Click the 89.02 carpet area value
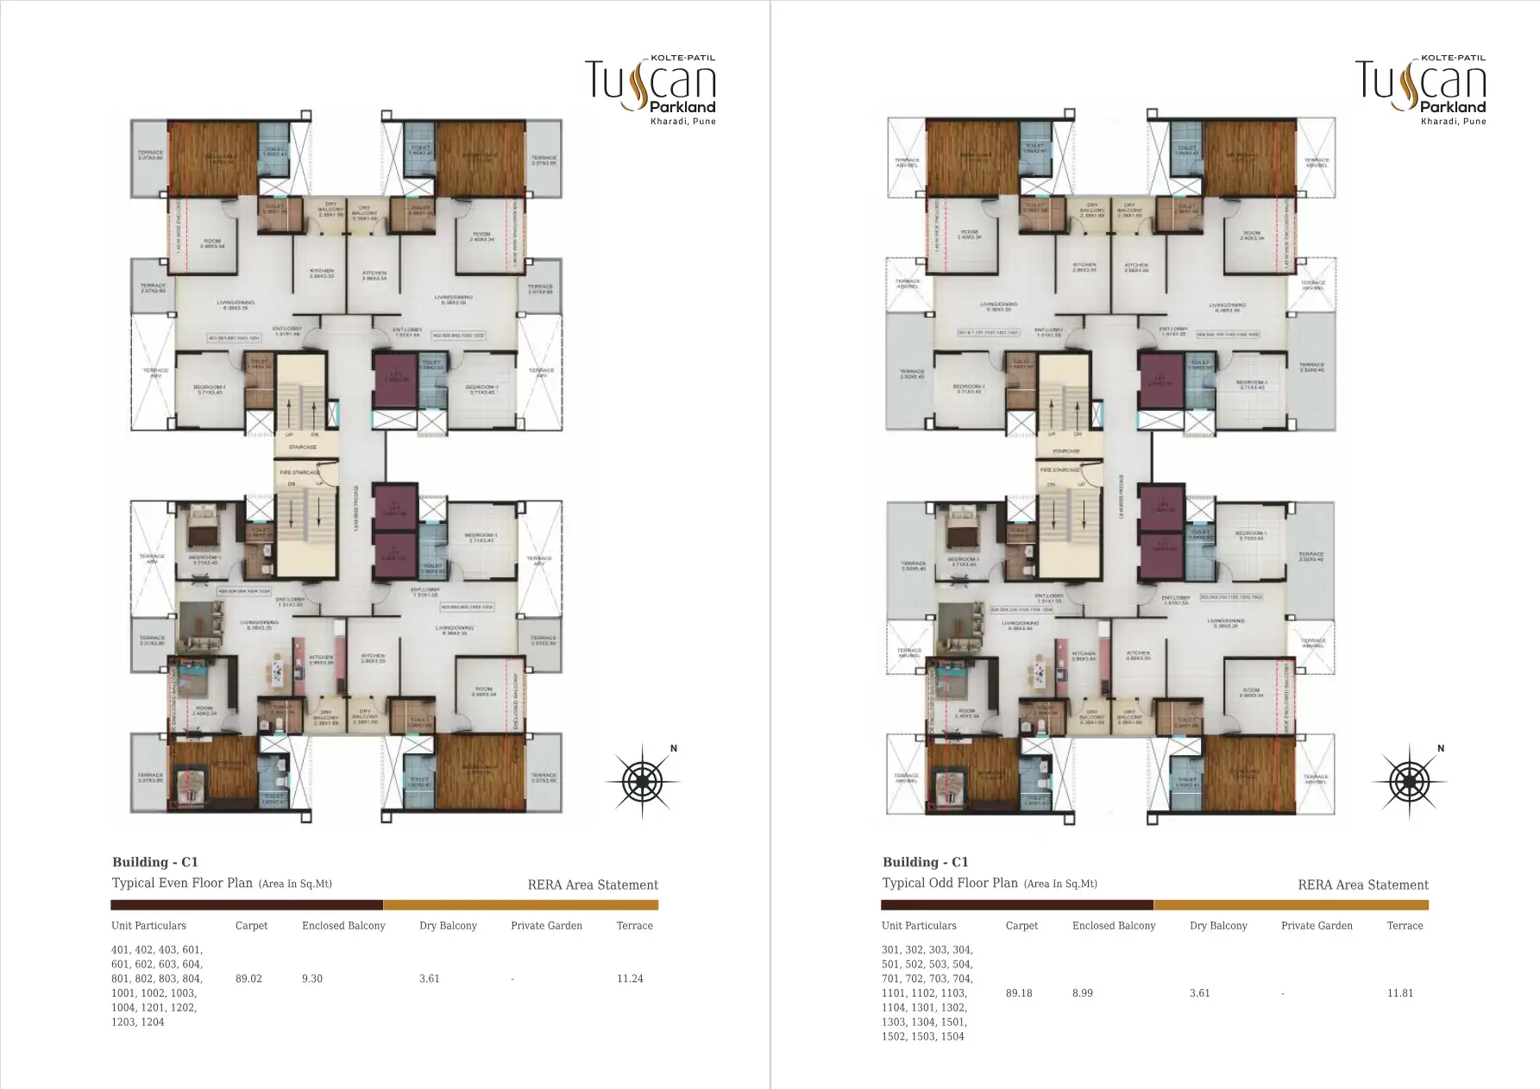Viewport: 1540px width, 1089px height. click(x=248, y=979)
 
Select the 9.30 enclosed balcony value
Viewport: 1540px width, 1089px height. click(x=312, y=979)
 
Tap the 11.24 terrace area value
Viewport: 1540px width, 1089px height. click(x=630, y=979)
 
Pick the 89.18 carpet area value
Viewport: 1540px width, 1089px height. click(x=1019, y=993)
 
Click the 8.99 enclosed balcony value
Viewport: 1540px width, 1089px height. click(x=1083, y=993)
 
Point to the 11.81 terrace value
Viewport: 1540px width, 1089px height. click(x=1400, y=993)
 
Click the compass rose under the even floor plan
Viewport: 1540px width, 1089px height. click(x=642, y=782)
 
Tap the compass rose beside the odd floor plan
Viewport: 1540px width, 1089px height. click(x=1409, y=782)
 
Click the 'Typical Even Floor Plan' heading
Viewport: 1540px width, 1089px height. click(x=182, y=883)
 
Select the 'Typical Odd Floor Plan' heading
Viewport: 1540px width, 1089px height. click(x=951, y=883)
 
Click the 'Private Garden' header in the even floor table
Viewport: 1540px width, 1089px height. click(x=546, y=926)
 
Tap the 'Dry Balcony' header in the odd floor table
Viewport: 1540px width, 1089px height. click(x=1218, y=926)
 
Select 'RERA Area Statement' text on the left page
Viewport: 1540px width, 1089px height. click(x=593, y=884)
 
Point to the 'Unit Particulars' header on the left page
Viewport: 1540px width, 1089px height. click(x=148, y=926)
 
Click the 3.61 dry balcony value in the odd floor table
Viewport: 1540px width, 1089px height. click(x=1199, y=993)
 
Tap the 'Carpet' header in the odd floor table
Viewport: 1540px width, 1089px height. click(x=1021, y=926)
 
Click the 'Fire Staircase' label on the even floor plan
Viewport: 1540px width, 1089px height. click(x=298, y=472)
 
